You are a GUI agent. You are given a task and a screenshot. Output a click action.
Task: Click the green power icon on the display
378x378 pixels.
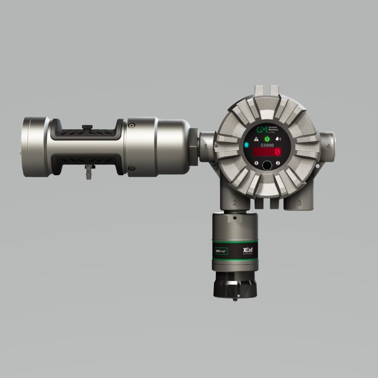coord(267,139)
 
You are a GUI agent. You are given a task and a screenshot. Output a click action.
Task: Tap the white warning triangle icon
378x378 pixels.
coord(255,140)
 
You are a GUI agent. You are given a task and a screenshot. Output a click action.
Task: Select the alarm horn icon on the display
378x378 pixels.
coord(279,139)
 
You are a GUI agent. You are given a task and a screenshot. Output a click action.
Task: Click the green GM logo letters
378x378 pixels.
coord(261,130)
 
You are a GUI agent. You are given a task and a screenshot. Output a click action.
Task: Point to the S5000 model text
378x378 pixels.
coord(267,146)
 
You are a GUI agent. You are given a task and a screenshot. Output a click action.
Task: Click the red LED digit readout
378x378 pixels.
coord(267,153)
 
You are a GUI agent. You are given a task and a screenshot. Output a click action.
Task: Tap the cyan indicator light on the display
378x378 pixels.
coord(247,145)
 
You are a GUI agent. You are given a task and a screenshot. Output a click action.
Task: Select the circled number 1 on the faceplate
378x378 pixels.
coord(255,163)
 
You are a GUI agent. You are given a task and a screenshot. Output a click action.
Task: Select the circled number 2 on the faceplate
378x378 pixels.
coord(278,163)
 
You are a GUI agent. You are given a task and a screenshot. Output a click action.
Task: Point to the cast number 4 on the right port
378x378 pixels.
coord(328,146)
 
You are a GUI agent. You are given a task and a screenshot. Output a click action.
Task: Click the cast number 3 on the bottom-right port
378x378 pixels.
coord(299,202)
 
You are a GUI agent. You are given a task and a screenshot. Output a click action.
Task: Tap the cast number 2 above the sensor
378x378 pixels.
coord(235,202)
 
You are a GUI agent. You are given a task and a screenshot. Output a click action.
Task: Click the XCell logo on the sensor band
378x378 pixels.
coord(247,251)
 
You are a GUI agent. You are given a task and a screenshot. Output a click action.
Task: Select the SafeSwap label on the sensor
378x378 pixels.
coord(221,251)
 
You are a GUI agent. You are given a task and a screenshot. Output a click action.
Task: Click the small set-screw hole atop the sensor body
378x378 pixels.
coord(234,217)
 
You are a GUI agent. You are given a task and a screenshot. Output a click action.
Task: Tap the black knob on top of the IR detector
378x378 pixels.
coord(87,127)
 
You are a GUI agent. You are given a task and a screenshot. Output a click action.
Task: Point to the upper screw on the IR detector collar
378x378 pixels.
coord(130,126)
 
